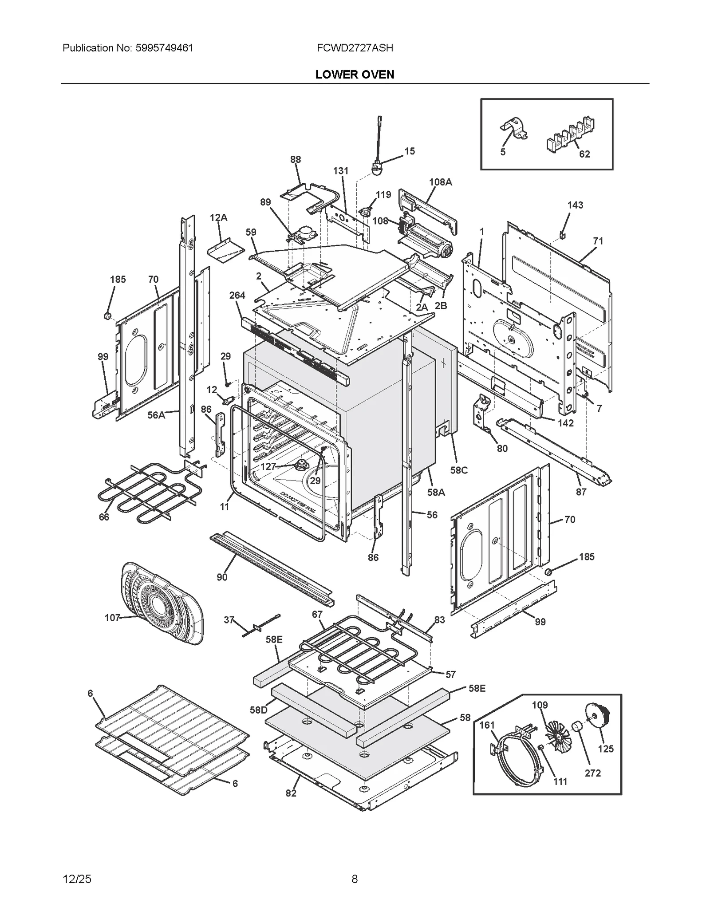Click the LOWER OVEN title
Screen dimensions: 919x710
point(355,75)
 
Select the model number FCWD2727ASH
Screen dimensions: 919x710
point(355,48)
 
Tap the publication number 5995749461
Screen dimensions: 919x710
point(162,48)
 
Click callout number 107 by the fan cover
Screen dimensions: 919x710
point(112,617)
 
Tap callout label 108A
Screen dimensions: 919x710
point(440,182)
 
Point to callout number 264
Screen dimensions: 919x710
point(237,295)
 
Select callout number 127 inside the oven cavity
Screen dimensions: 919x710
point(268,466)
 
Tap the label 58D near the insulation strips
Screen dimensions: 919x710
point(258,710)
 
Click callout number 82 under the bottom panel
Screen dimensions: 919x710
point(291,793)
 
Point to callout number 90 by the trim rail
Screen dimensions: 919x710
point(222,576)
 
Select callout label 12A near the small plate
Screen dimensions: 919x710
point(218,217)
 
